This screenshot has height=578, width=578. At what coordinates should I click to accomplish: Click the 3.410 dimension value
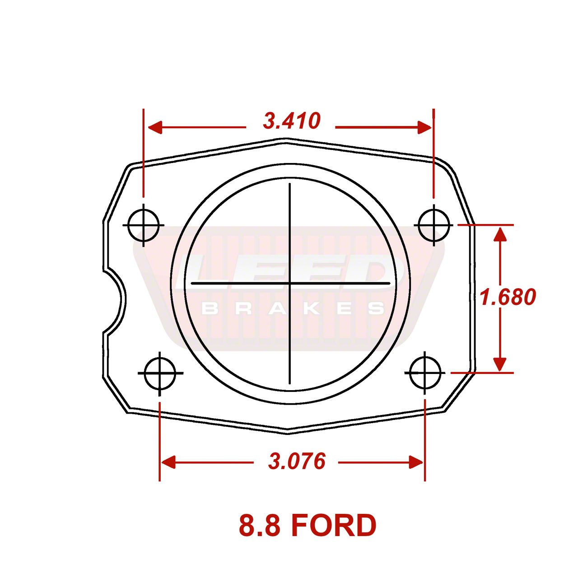tap(292, 121)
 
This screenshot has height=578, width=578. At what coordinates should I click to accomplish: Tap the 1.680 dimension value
tap(508, 297)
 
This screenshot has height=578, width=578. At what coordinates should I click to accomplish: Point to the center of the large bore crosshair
tap(289, 283)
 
